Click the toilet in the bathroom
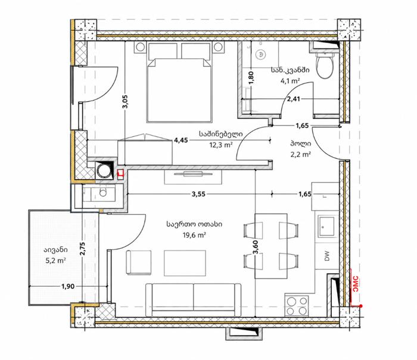pyautogui.click(x=325, y=64)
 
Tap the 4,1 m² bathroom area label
pyautogui.click(x=291, y=81)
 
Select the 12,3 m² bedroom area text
pyautogui.click(x=221, y=145)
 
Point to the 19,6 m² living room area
pyautogui.click(x=194, y=235)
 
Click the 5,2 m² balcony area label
pyautogui.click(x=55, y=261)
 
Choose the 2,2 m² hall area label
pyautogui.click(x=301, y=154)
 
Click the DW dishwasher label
pyautogui.click(x=327, y=256)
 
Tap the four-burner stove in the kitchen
pyautogui.click(x=297, y=306)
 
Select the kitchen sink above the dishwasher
pyautogui.click(x=326, y=227)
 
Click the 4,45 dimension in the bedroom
pyautogui.click(x=181, y=140)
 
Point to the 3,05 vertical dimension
pyautogui.click(x=125, y=102)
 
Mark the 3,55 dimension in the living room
pyautogui.click(x=198, y=194)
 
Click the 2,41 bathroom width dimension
pyautogui.click(x=294, y=99)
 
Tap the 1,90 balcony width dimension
pyautogui.click(x=68, y=286)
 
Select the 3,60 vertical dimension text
pyautogui.click(x=256, y=248)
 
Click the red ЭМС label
pyautogui.click(x=356, y=284)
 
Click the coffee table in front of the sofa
pyautogui.click(x=185, y=263)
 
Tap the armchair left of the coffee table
pyautogui.click(x=138, y=262)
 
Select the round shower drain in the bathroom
pyautogui.click(x=261, y=55)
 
